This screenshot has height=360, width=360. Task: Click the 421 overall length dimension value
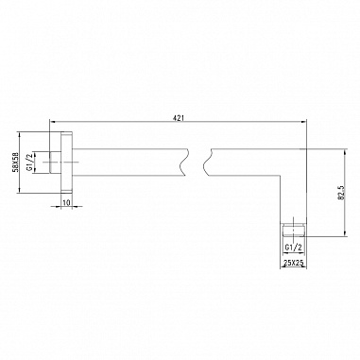tap(178, 117)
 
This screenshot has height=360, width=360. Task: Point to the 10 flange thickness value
tap(67, 202)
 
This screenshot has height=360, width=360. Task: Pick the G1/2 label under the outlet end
tap(292, 247)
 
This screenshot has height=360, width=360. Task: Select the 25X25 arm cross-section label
tap(292, 265)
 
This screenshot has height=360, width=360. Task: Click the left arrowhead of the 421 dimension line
tap(55, 123)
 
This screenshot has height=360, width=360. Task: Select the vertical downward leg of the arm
tap(292, 194)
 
